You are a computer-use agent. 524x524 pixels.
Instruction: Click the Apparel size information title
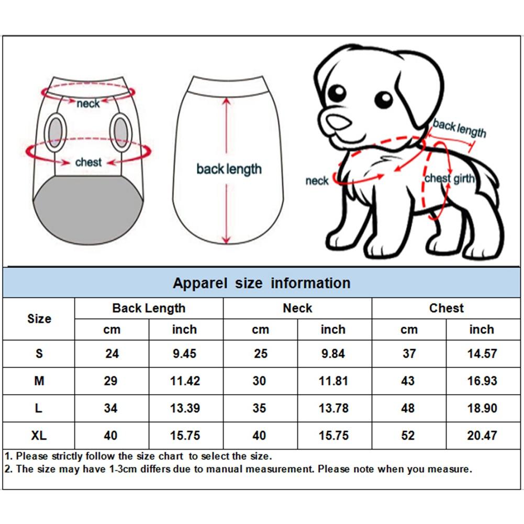[x=261, y=283]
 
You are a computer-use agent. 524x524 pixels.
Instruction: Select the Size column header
[x=39, y=319]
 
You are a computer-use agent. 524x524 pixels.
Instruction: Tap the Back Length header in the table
[x=149, y=308]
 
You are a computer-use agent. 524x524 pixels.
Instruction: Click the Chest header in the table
[x=446, y=308]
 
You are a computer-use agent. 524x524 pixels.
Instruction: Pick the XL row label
[x=39, y=436]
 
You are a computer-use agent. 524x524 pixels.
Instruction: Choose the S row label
[x=39, y=354]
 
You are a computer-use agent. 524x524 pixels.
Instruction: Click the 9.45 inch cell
[x=184, y=354]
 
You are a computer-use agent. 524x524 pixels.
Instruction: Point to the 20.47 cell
[x=482, y=436]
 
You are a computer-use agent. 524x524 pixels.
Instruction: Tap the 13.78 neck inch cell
[x=333, y=408]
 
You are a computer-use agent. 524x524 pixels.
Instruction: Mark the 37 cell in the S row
[x=409, y=354]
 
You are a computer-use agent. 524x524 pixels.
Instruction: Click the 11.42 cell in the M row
[x=185, y=381]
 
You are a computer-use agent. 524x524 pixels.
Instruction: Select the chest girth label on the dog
[x=449, y=179]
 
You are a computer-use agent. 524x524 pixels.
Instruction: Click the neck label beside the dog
[x=317, y=181]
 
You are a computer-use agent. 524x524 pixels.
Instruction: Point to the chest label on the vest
[x=88, y=162]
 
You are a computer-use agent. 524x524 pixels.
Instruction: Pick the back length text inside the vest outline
[x=229, y=169]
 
